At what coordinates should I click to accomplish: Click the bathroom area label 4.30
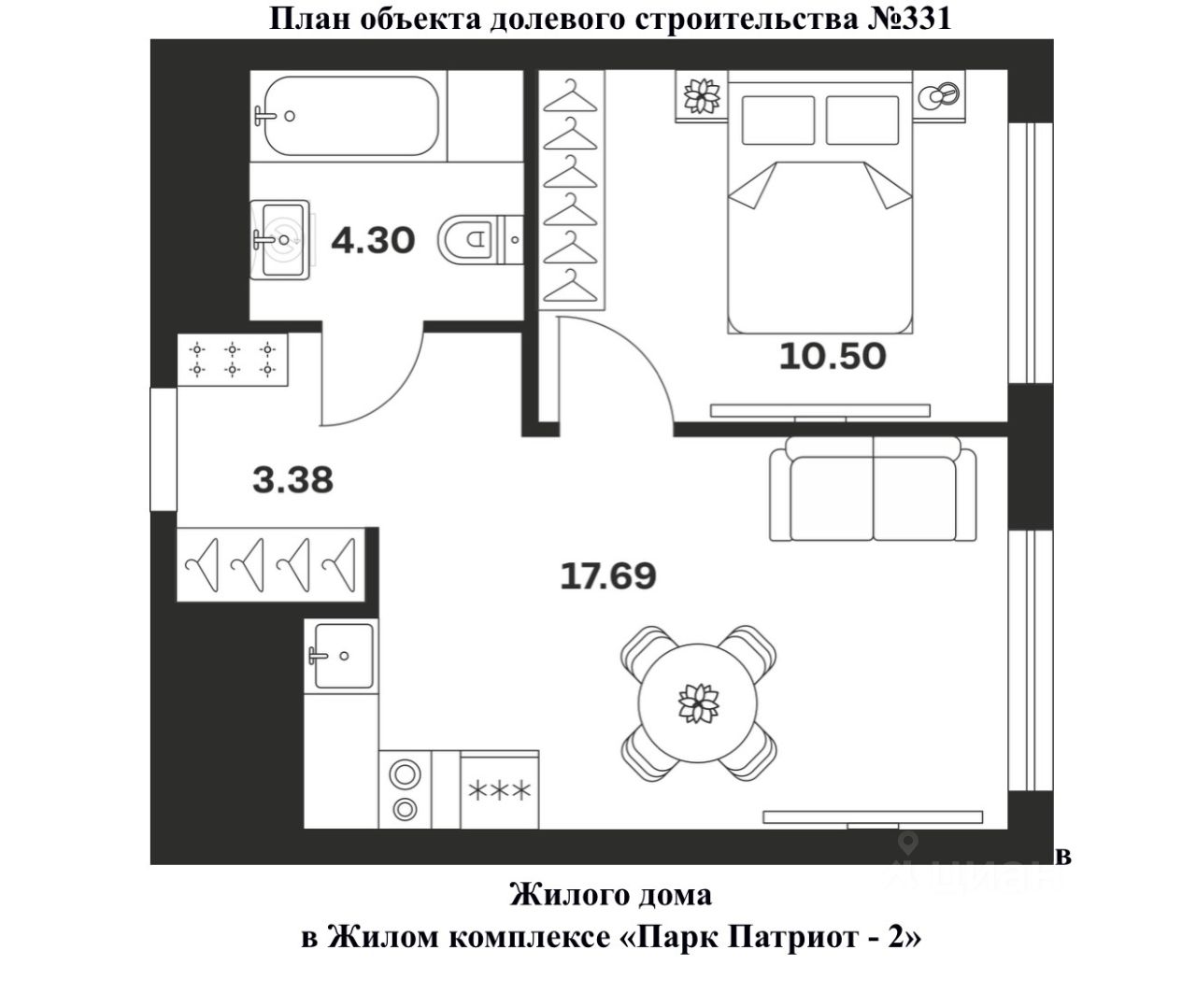pos(373,240)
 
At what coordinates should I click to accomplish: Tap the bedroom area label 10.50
pos(833,356)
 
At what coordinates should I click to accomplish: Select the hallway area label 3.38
pos(292,480)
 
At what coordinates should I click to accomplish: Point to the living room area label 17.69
pos(607,575)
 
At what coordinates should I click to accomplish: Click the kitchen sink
pos(342,655)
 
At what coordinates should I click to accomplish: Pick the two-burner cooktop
pos(406,790)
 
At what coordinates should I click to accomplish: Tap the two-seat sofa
pos(873,492)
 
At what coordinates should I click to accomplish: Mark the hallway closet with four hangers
pos(270,565)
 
